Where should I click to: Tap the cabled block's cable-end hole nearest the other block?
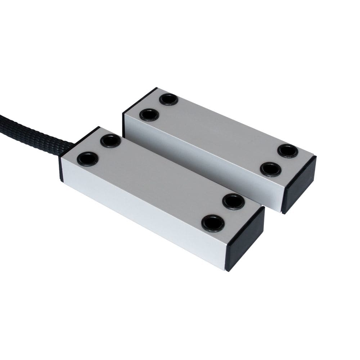pyautogui.click(x=111, y=141)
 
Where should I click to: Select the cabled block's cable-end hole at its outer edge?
pyautogui.click(x=87, y=158)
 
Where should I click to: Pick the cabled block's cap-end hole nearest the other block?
pyautogui.click(x=233, y=201)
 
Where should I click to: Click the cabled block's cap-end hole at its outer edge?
pyautogui.click(x=213, y=223)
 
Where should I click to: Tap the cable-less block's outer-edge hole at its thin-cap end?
pyautogui.click(x=168, y=99)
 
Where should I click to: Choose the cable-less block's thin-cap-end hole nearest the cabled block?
pyautogui.click(x=149, y=115)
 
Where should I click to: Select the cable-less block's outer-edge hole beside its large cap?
pyautogui.click(x=288, y=151)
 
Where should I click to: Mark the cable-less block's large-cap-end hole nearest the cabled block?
pyautogui.click(x=271, y=169)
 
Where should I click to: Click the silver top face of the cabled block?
pyautogui.click(x=158, y=176)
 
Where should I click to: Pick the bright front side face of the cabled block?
pyautogui.click(x=144, y=216)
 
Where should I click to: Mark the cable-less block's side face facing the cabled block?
pyautogui.click(x=202, y=166)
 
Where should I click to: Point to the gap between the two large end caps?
pyautogui.click(x=274, y=212)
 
